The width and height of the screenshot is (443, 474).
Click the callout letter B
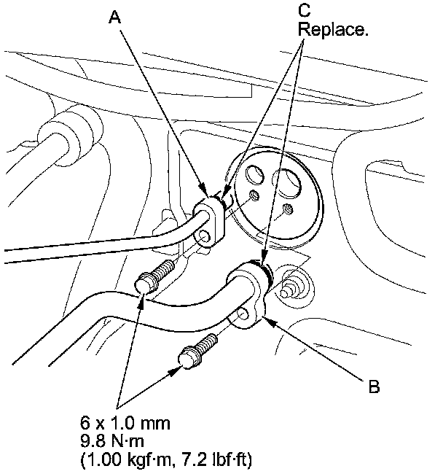click(x=374, y=386)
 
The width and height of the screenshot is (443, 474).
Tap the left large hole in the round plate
click(x=256, y=176)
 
